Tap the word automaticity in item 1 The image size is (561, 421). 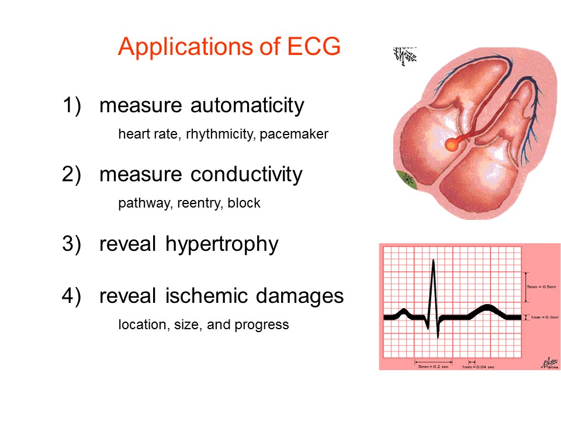pyautogui.click(x=247, y=105)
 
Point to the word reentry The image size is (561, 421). pyautogui.click(x=198, y=203)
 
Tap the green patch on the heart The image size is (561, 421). pyautogui.click(x=404, y=180)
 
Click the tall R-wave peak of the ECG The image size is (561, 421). pyautogui.click(x=433, y=261)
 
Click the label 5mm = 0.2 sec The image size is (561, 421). pyautogui.click(x=433, y=367)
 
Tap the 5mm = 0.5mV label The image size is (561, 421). pyautogui.click(x=541, y=288)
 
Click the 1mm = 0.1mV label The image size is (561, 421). pyautogui.click(x=541, y=317)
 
